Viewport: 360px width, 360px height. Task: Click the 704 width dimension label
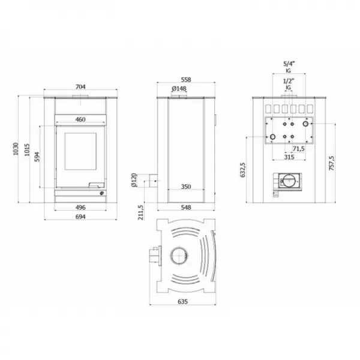[80, 86]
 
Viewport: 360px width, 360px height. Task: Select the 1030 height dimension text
[17, 148]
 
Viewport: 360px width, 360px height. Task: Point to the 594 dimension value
[37, 157]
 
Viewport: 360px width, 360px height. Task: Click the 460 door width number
[80, 120]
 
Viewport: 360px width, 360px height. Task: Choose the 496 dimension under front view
[80, 207]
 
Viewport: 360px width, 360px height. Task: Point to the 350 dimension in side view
[186, 187]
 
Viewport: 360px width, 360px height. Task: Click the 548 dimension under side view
[185, 207]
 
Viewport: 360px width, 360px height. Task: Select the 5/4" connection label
[288, 63]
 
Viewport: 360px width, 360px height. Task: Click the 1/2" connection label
[288, 80]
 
